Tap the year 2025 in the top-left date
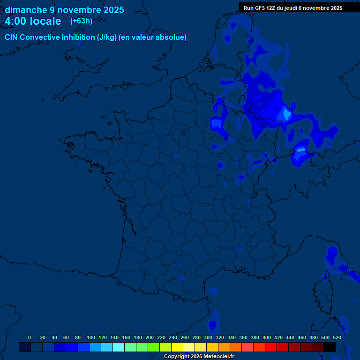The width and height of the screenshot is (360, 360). click(x=112, y=10)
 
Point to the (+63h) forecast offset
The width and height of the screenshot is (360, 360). click(x=81, y=21)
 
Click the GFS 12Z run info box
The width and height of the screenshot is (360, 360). click(x=293, y=8)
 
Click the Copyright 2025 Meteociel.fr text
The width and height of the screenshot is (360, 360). click(x=199, y=356)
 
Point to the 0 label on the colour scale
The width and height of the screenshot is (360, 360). click(x=30, y=337)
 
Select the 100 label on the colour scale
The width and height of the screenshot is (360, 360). click(x=91, y=337)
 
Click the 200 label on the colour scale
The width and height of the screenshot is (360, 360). click(x=150, y=337)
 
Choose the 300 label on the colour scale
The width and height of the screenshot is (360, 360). click(x=208, y=337)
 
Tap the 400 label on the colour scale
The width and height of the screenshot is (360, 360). click(x=267, y=337)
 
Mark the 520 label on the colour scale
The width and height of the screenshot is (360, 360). click(x=337, y=337)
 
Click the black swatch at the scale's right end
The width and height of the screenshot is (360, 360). click(x=330, y=347)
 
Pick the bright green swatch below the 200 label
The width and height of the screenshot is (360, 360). click(x=154, y=347)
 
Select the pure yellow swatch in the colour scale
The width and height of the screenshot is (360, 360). click(x=177, y=347)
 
